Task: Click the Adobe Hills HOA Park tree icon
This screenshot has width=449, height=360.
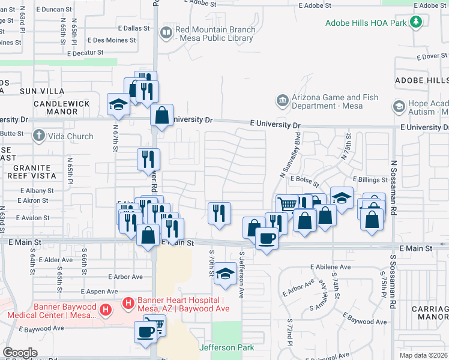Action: (x=415, y=22)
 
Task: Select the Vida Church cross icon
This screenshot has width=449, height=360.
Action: (x=40, y=136)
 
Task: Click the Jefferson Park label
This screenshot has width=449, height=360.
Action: (x=226, y=347)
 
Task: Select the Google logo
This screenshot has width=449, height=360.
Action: (x=20, y=353)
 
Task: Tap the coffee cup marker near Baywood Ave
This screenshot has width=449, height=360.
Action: (x=146, y=331)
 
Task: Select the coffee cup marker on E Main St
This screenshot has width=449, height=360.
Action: (x=267, y=238)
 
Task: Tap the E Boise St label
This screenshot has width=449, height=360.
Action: (x=304, y=179)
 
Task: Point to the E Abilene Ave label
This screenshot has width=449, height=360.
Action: (x=330, y=266)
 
